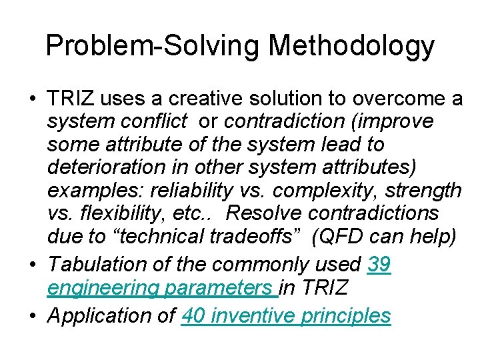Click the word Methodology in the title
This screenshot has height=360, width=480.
click(x=351, y=46)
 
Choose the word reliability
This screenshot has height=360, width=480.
click(x=187, y=190)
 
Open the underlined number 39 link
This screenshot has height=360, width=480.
click(x=379, y=265)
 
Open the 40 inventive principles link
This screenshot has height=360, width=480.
click(x=286, y=315)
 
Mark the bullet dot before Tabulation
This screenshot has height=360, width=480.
click(x=33, y=265)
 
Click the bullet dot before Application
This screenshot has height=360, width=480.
click(x=33, y=315)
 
